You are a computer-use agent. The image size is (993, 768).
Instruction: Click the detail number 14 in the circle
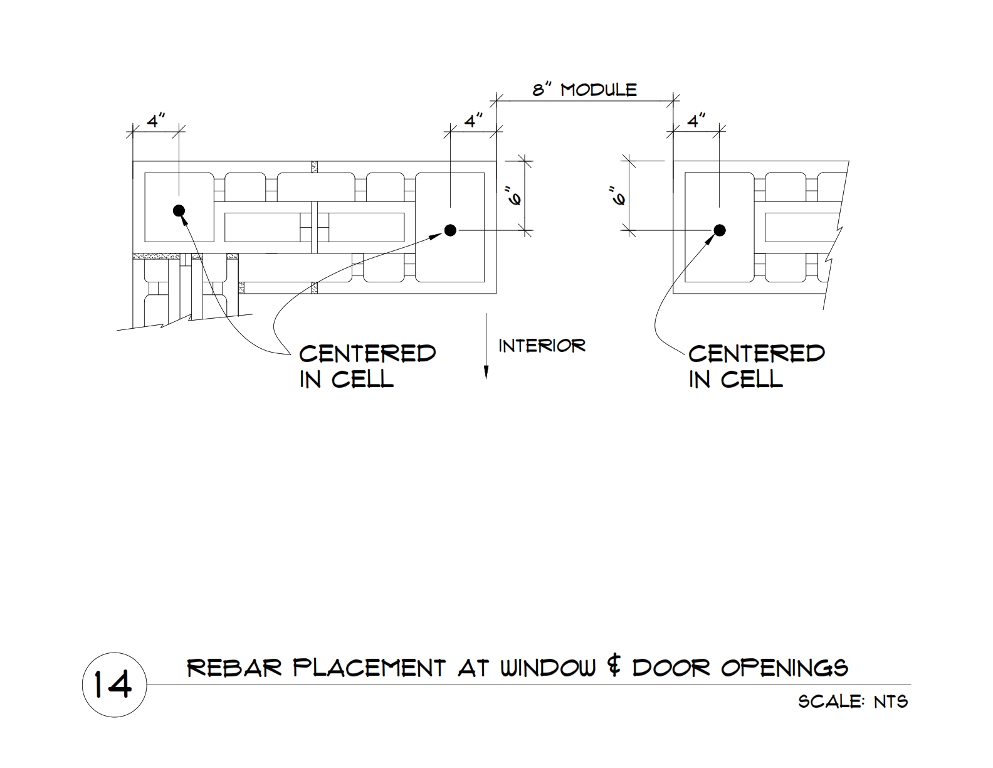pos(113,685)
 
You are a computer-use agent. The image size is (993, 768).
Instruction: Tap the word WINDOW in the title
pos(548,668)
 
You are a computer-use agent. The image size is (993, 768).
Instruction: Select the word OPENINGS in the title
pos(784,668)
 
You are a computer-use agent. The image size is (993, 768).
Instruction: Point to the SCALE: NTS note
pos(853,701)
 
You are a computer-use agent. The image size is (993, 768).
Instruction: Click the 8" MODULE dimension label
pos(584,90)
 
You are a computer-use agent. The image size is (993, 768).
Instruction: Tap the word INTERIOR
pos(542,346)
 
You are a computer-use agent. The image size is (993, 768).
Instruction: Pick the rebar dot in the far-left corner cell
pos(179,210)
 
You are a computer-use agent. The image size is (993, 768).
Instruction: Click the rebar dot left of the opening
pos(451,230)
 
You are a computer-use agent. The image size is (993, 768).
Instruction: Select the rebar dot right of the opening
pos(720,230)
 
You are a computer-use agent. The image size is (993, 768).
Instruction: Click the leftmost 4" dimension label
pos(156,121)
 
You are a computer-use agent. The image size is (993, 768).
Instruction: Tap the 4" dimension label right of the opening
pos(696,121)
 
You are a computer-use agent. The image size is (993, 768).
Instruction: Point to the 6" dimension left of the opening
pos(516,196)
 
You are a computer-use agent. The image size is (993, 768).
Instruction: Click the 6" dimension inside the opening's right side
pos(620,196)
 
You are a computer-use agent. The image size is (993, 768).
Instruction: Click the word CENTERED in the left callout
pos(367,354)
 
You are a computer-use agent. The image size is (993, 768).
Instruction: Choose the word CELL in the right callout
pos(752,379)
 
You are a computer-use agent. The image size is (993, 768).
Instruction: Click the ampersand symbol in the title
pos(614,668)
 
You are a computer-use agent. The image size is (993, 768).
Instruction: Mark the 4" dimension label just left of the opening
pos(474,121)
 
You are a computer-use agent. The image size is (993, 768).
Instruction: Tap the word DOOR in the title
pos(671,668)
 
